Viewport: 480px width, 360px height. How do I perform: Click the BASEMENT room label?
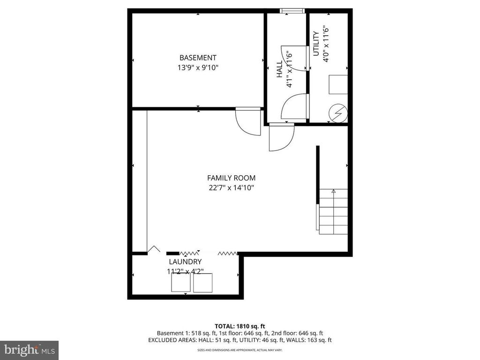click(198, 58)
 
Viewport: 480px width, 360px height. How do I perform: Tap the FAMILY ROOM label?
click(231, 178)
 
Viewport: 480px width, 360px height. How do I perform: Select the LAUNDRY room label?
click(185, 262)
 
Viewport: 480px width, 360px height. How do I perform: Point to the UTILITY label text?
click(316, 44)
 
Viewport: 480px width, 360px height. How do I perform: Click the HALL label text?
click(279, 69)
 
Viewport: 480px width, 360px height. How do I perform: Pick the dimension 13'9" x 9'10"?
click(198, 67)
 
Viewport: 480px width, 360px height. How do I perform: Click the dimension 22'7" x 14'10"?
click(232, 187)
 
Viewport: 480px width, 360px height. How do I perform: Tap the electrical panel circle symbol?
click(338, 113)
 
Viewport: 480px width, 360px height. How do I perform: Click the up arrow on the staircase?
click(333, 191)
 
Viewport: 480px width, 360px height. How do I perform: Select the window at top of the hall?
click(292, 11)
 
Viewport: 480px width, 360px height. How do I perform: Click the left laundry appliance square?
click(180, 282)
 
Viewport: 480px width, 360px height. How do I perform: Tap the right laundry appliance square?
click(202, 283)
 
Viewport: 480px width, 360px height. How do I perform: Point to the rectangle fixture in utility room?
click(338, 84)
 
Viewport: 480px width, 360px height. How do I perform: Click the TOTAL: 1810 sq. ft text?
click(240, 326)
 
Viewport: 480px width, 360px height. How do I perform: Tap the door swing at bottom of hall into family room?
click(289, 144)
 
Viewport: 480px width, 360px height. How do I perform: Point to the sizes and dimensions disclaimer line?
click(240, 350)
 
